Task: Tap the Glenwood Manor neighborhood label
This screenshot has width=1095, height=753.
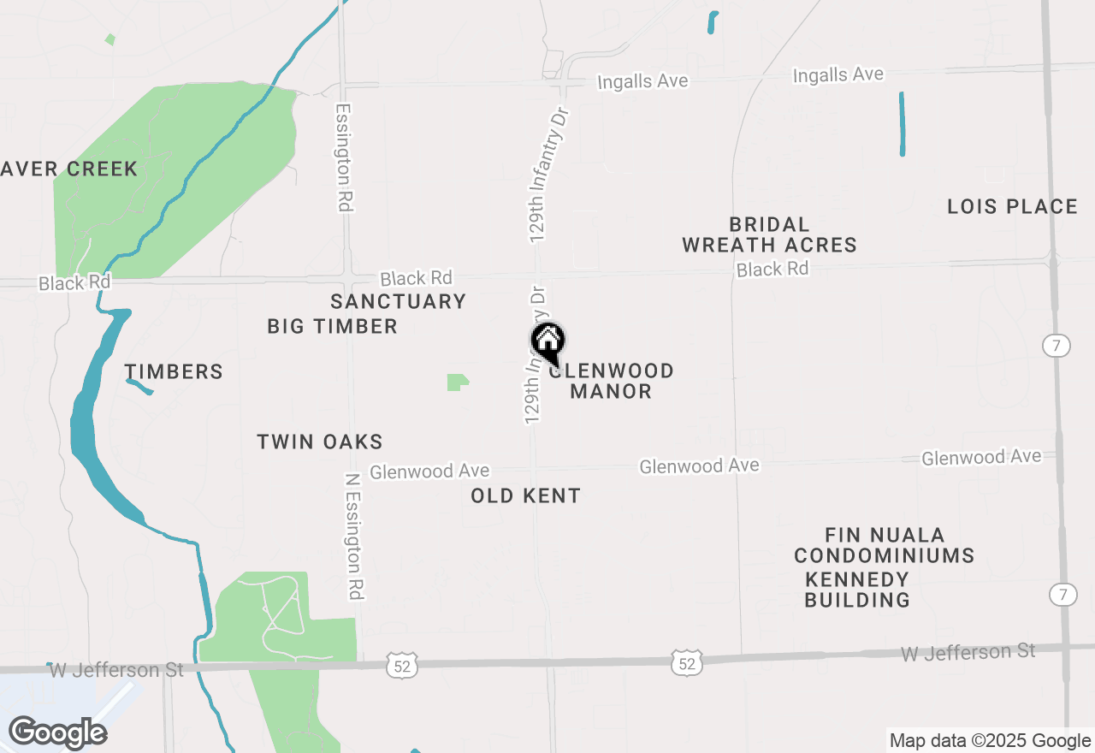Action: [x=611, y=381]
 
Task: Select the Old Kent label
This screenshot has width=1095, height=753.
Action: [x=525, y=495]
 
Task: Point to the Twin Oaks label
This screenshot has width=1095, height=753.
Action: [x=320, y=442]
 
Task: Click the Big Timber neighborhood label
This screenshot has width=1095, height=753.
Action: [x=332, y=326]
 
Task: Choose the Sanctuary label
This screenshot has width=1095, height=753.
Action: [x=398, y=301]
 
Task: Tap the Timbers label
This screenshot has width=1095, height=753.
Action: [x=174, y=371]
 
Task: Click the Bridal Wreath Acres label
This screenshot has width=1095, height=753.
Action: [x=769, y=234]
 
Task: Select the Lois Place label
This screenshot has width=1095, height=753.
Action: [x=1012, y=206]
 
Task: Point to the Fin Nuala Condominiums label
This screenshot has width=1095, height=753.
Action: [x=884, y=545]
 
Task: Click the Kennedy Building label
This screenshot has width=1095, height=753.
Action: [x=857, y=590]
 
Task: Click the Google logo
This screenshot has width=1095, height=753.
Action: [x=57, y=732]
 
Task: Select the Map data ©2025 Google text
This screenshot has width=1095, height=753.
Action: [x=990, y=741]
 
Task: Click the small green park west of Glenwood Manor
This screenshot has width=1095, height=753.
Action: [x=457, y=382]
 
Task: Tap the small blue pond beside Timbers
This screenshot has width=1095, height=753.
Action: [x=139, y=387]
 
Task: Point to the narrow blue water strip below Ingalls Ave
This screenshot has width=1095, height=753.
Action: [x=902, y=124]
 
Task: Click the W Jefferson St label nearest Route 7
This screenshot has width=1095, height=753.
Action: [x=968, y=653]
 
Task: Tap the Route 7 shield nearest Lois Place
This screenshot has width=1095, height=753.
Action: [x=1057, y=346]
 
